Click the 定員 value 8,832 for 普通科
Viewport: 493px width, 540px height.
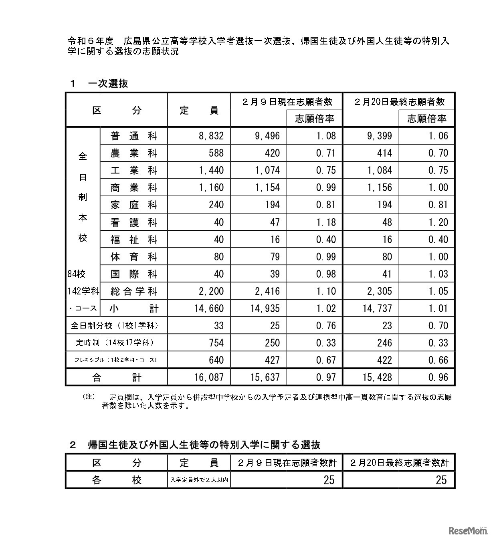[211, 136]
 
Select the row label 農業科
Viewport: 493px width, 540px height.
[133, 153]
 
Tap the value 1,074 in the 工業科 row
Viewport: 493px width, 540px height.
[267, 171]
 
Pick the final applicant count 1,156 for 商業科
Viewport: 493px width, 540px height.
[379, 188]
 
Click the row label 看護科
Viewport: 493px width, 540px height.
[133, 222]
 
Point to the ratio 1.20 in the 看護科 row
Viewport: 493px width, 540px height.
[438, 222]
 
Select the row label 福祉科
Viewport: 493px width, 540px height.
[133, 240]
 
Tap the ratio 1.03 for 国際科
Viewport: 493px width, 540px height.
[438, 274]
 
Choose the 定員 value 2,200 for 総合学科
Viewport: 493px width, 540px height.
[211, 291]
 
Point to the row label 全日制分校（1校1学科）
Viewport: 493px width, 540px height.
[115, 326]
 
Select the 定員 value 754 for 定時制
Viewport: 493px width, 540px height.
[216, 343]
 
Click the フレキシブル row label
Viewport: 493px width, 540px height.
[115, 360]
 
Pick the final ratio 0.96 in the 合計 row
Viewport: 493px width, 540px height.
[438, 377]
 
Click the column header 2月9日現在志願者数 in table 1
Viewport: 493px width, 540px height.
[287, 102]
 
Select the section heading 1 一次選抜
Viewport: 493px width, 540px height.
[99, 83]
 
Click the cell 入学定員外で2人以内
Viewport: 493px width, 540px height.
[199, 480]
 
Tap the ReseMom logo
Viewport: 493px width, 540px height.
[467, 531]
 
